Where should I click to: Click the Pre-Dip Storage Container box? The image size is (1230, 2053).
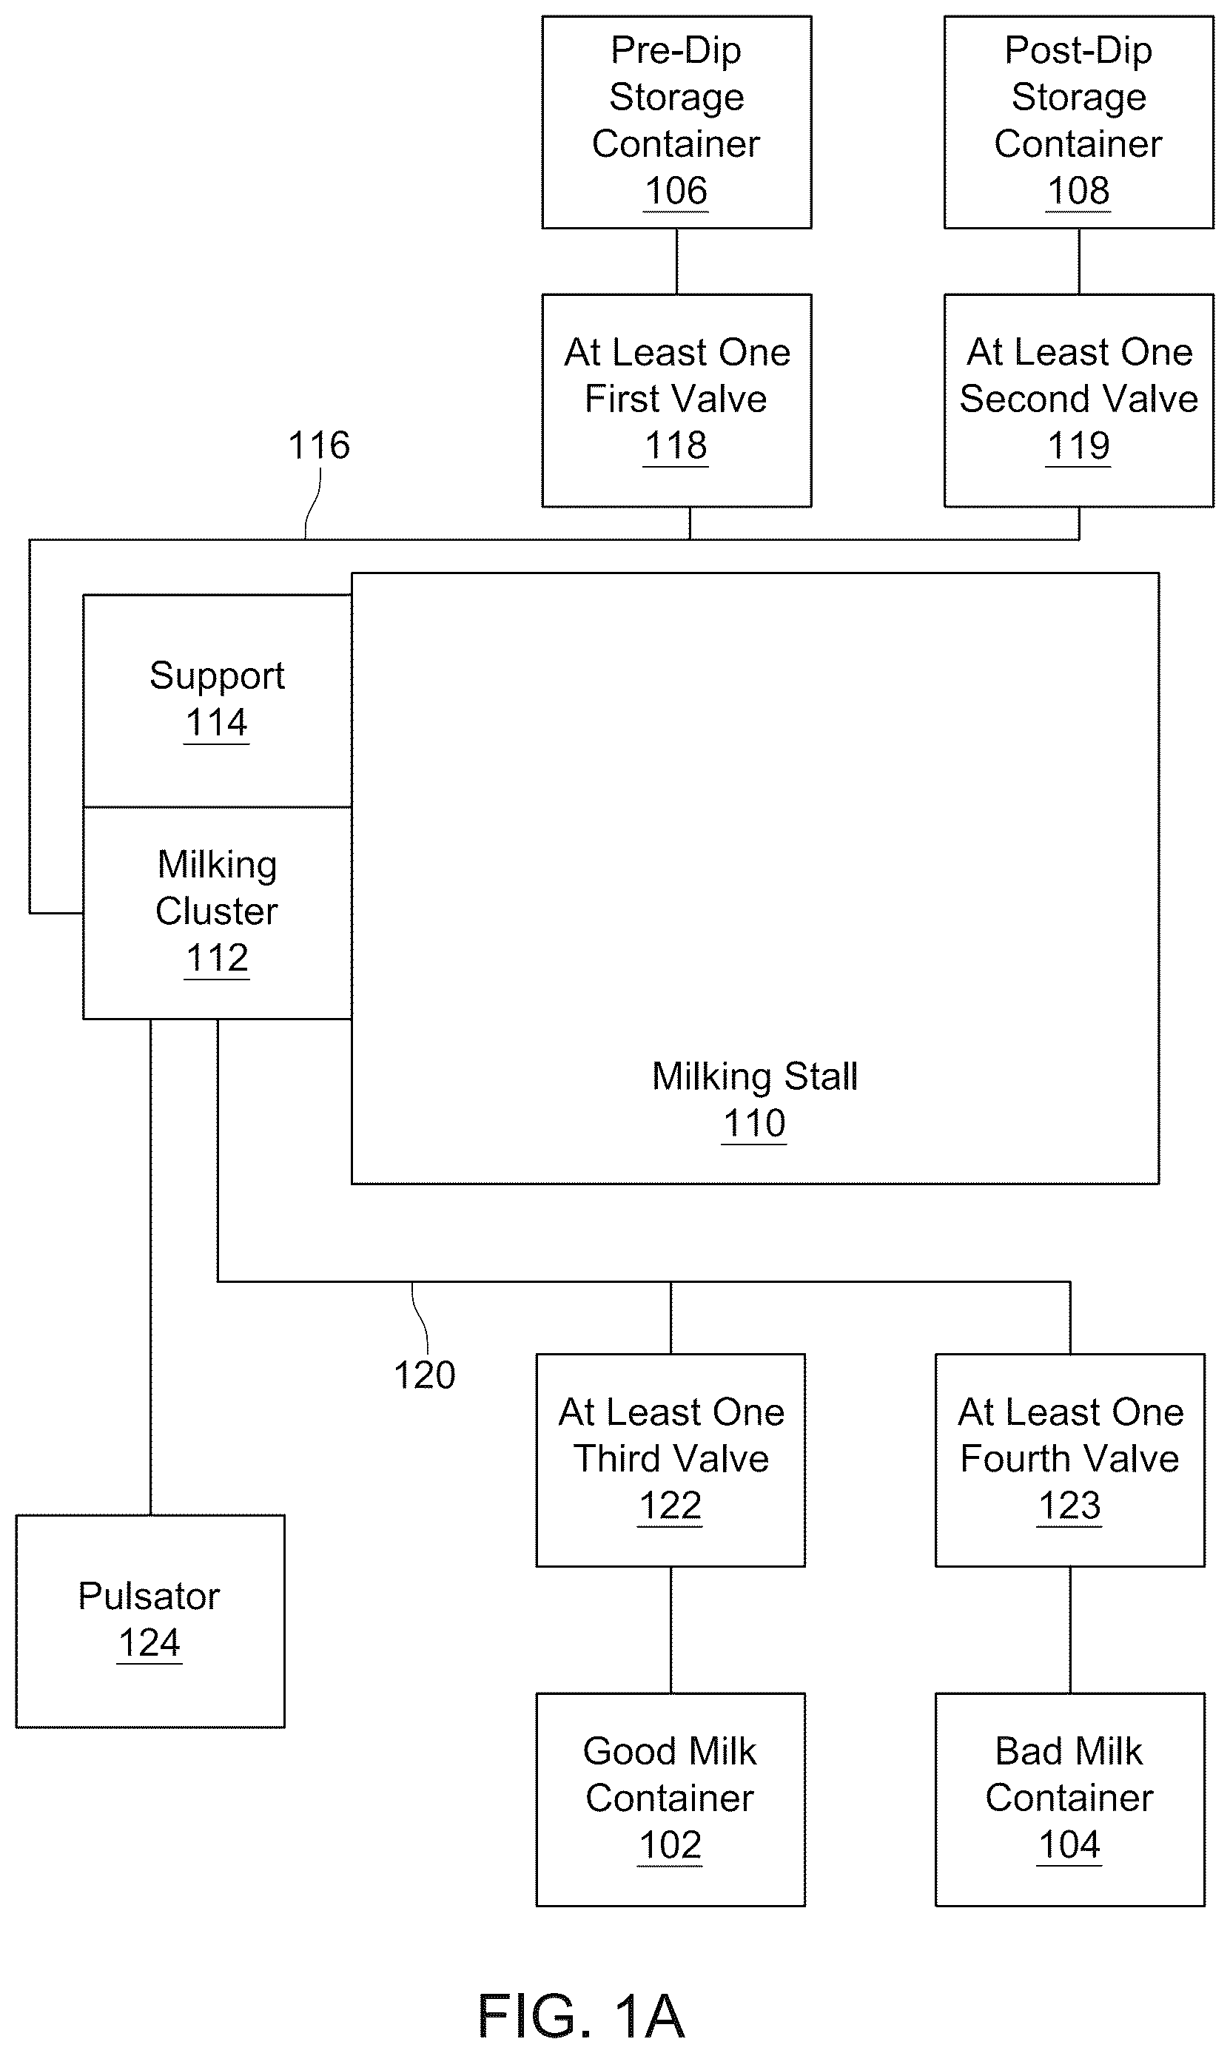pyautogui.click(x=676, y=122)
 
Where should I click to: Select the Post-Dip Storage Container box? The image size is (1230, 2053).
pyautogui.click(x=1078, y=122)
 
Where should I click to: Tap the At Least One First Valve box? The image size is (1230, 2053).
pyautogui.click(x=676, y=400)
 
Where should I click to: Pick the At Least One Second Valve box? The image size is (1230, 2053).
pyautogui.click(x=1078, y=400)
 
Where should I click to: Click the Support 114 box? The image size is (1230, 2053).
pyautogui.click(x=217, y=701)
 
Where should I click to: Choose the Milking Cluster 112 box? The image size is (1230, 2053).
pyautogui.click(x=217, y=913)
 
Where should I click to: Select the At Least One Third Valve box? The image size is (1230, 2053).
pyautogui.click(x=671, y=1460)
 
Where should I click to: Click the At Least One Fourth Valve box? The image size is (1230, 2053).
pyautogui.click(x=1069, y=1460)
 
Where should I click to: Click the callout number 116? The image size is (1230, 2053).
pyautogui.click(x=319, y=445)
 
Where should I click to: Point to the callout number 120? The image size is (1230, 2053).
pyautogui.click(x=424, y=1375)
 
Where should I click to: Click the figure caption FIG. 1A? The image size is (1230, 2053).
pyautogui.click(x=581, y=2017)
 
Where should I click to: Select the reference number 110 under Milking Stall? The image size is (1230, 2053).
pyautogui.click(x=754, y=1124)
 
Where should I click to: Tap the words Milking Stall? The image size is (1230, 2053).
pyautogui.click(x=754, y=1076)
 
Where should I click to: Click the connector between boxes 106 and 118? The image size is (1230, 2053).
pyautogui.click(x=676, y=262)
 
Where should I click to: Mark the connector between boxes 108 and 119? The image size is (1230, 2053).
pyautogui.click(x=1078, y=262)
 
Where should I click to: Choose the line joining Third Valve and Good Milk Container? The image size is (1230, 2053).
pyautogui.click(x=671, y=1630)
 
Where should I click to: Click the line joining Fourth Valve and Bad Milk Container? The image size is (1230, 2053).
pyautogui.click(x=1069, y=1630)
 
